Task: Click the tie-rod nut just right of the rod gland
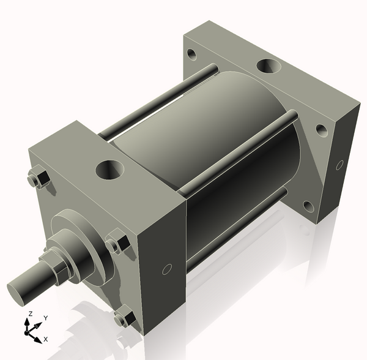point(117,244)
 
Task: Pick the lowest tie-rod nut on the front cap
point(125,318)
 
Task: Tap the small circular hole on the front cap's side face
point(165,270)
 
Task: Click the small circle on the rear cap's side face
point(340,164)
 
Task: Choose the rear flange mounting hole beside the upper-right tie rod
point(319,129)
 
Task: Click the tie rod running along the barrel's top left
point(159,101)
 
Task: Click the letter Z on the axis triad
point(29,314)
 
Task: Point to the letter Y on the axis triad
point(45,318)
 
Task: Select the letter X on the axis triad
point(46,339)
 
